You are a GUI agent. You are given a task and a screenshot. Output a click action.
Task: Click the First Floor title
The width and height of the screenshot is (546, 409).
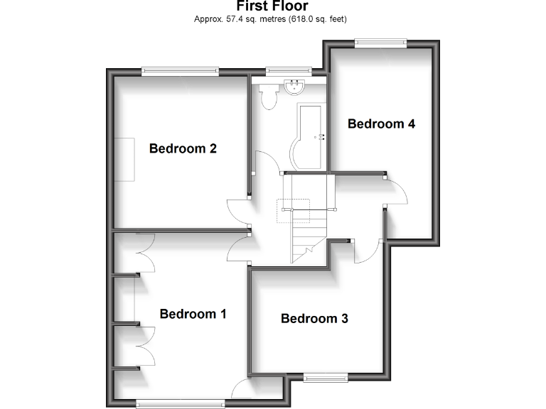tap(272, 6)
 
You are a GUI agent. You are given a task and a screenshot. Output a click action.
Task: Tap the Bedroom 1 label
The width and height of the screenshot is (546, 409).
tap(193, 314)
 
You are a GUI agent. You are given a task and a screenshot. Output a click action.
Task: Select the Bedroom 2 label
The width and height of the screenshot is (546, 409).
tap(183, 148)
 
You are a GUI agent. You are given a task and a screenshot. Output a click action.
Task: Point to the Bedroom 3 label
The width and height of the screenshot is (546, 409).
tap(314, 318)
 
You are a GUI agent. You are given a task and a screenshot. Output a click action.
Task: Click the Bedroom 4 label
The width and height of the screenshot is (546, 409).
tap(381, 124)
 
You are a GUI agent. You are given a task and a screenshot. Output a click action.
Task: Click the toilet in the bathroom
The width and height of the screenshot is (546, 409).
tap(269, 97)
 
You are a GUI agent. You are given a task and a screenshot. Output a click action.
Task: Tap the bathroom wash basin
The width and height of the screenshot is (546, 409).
tap(294, 87)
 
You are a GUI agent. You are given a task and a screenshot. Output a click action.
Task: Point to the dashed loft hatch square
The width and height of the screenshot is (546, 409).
tap(294, 209)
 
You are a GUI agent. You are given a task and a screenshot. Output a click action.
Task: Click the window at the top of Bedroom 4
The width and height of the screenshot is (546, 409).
tap(380, 43)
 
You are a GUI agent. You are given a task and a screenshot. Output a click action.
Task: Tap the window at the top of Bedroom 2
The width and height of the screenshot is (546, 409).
tap(179, 70)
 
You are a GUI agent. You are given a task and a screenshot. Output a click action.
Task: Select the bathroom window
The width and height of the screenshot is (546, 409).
tap(288, 70)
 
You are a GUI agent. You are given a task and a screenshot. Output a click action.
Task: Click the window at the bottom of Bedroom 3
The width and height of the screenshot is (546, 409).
tap(326, 377)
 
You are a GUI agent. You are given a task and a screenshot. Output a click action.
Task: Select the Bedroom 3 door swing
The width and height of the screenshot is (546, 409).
tap(365, 250)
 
